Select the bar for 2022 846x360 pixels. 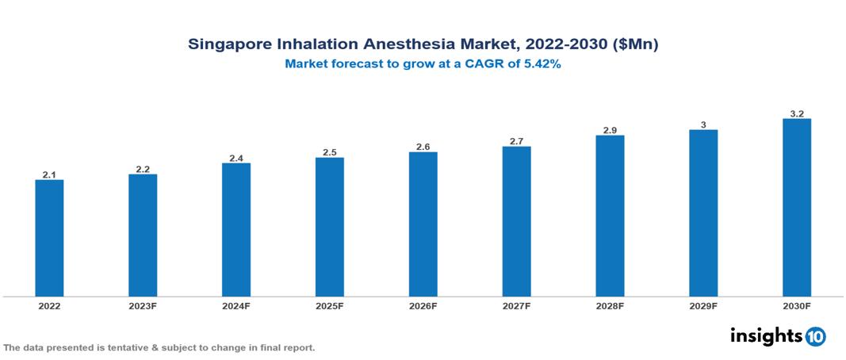click(x=49, y=238)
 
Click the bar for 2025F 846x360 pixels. click(x=329, y=227)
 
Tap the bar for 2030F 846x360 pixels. click(x=796, y=208)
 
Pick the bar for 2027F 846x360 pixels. click(x=516, y=221)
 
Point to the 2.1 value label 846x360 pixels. click(x=49, y=174)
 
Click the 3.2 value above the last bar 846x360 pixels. click(x=797, y=114)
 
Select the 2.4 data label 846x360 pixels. click(x=236, y=158)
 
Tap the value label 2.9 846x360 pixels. click(x=610, y=130)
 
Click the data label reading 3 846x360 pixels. click(x=703, y=124)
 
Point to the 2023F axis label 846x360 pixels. click(x=143, y=305)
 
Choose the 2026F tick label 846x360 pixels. click(x=423, y=305)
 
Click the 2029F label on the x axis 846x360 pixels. click(x=703, y=305)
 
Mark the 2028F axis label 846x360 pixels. click(x=610, y=305)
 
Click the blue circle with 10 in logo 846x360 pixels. click(x=816, y=336)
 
